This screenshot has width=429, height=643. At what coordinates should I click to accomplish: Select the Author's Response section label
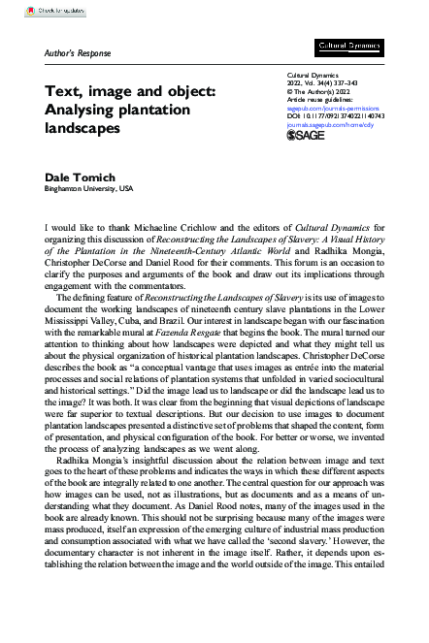(x=79, y=52)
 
